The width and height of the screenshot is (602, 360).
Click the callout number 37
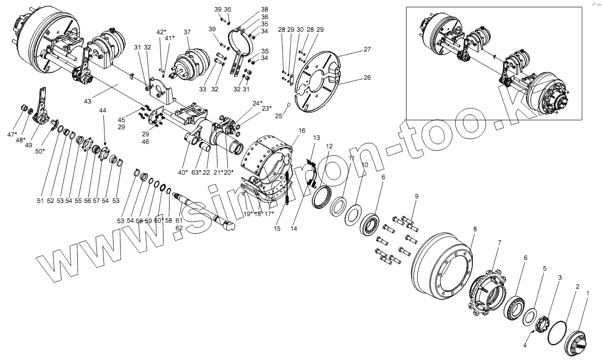(187, 32)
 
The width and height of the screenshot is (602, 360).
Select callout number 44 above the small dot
(103, 110)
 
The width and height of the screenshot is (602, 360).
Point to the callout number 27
(367, 49)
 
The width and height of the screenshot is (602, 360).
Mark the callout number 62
(179, 228)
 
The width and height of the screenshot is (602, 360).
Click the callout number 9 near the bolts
(417, 196)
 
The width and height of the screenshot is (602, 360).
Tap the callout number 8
(475, 229)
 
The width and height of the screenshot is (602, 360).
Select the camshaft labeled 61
(202, 208)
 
